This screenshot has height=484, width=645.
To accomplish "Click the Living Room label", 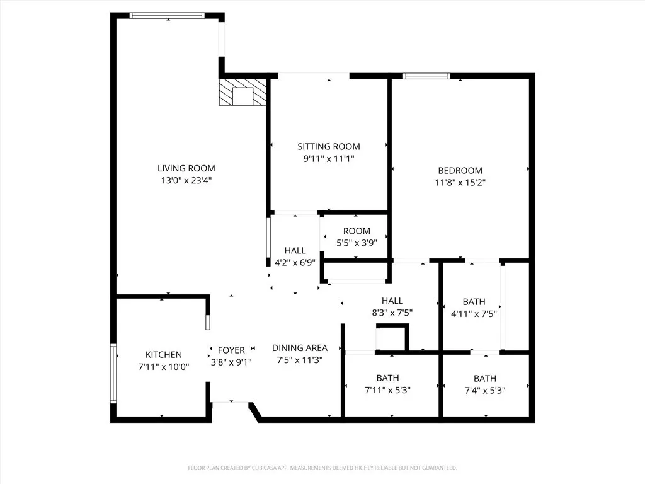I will tap(186, 168).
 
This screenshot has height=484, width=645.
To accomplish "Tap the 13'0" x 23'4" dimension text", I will tap(186, 180).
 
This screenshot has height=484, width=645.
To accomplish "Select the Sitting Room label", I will tap(329, 147).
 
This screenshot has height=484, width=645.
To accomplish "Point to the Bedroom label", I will tap(460, 170).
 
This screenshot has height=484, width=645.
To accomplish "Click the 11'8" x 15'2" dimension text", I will tap(460, 183).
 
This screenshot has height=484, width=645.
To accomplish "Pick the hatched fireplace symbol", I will tap(242, 93).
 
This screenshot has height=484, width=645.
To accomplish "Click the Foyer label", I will tap(231, 350).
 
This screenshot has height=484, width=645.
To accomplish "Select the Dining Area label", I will tap(299, 348).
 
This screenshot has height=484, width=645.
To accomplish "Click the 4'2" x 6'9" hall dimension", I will tap(295, 262).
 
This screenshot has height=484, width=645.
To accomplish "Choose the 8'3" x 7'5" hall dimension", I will tap(392, 313).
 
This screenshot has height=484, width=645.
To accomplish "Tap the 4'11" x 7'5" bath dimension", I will tap(474, 313).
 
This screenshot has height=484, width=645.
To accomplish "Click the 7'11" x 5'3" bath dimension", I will tap(387, 390).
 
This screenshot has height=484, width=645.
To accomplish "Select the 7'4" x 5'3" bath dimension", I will tap(484, 390).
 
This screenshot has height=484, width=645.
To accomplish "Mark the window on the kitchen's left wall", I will tap(113, 373).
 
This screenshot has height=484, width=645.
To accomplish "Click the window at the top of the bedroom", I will tap(426, 76).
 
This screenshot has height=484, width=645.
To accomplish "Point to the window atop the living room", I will tap(167, 15).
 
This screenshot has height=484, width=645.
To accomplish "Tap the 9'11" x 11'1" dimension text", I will tap(329, 159).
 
